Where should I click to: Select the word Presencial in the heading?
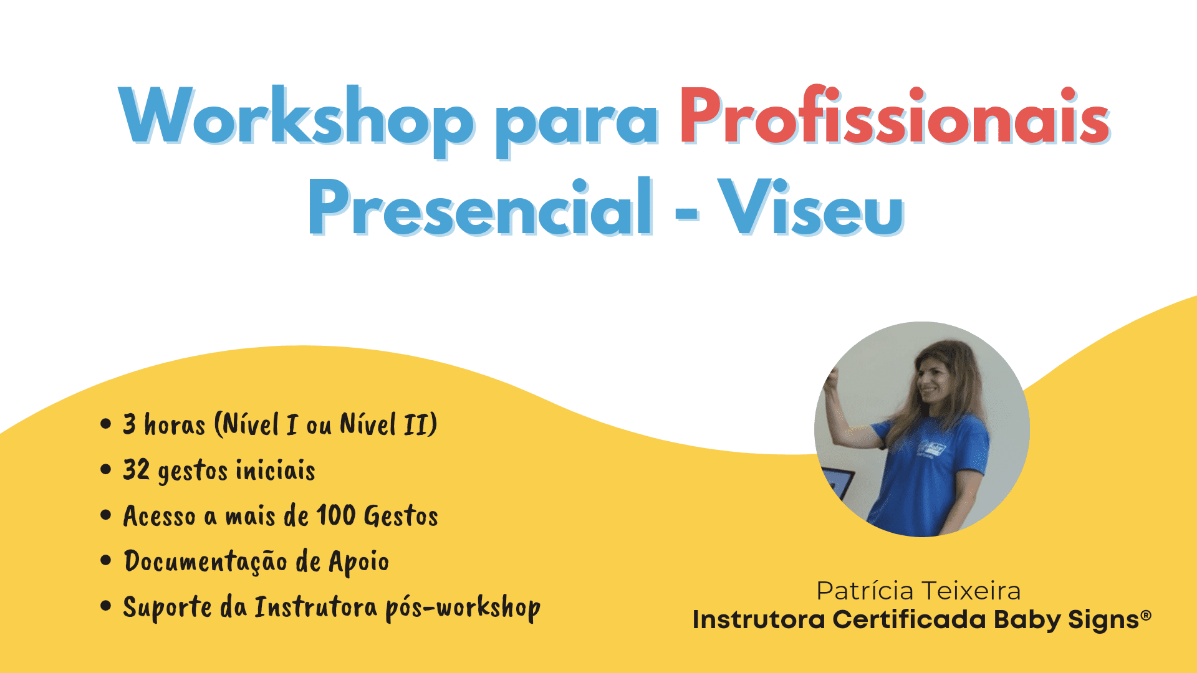[x=481, y=206]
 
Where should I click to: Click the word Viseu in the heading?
[x=810, y=206]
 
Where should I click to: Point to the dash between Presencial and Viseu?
[x=686, y=212]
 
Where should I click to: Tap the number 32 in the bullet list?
[x=136, y=470]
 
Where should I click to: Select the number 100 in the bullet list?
[x=335, y=515]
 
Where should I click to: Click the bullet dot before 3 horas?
[x=105, y=424]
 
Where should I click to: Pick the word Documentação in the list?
[x=205, y=562]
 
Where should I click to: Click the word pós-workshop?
[x=463, y=608]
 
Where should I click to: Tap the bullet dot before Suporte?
[x=105, y=606]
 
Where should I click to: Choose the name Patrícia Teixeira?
[x=918, y=591]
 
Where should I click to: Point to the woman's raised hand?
[x=831, y=381]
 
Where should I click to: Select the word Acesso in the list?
[x=160, y=516]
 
